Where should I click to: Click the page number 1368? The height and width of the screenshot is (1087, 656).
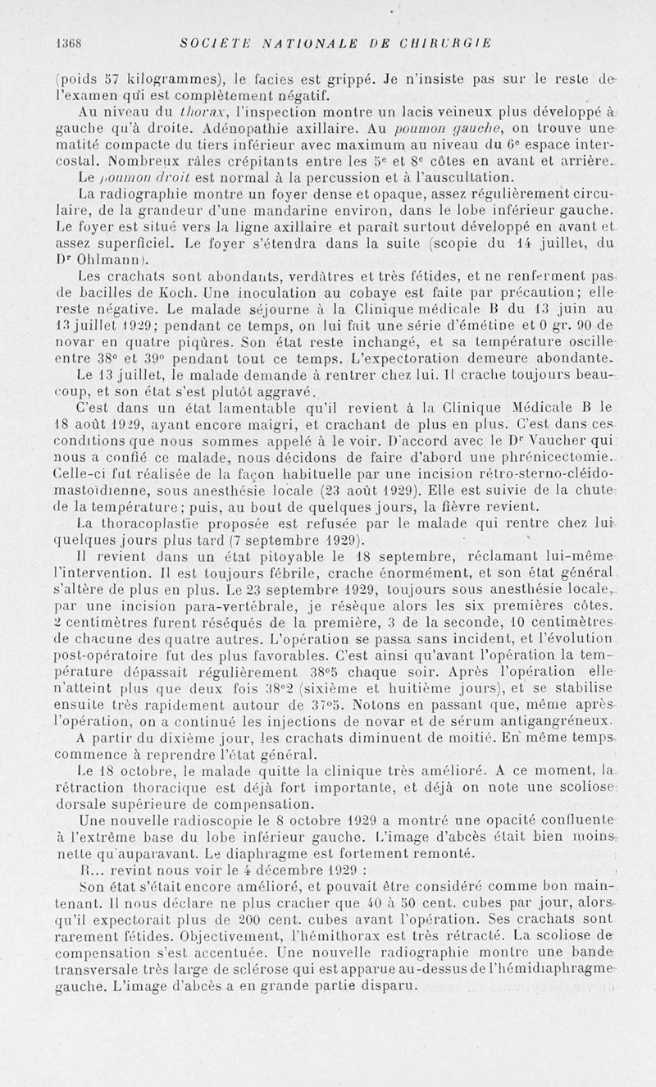66,43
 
